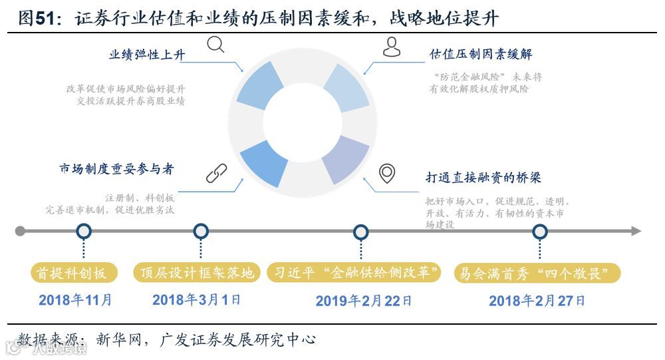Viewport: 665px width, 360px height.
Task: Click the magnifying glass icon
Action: tap(215, 45)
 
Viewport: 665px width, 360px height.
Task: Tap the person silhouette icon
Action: tap(392, 46)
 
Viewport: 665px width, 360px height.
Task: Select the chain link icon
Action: tap(217, 173)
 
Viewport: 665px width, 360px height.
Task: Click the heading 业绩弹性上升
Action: tap(147, 55)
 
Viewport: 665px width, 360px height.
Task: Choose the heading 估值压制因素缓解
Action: tap(481, 54)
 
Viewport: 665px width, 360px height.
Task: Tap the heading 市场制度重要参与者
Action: tap(116, 169)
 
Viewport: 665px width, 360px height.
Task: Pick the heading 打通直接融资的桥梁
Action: tap(483, 178)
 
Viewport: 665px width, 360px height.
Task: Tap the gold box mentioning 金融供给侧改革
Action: tap(355, 273)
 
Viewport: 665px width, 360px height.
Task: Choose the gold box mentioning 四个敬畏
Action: tap(537, 273)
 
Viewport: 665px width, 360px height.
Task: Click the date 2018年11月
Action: tap(75, 300)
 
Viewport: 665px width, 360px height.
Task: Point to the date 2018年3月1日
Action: tap(196, 300)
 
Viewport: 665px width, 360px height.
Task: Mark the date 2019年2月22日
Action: tap(364, 301)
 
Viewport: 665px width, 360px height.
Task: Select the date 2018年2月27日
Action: tap(537, 301)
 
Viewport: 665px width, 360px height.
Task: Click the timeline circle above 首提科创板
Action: tap(84, 232)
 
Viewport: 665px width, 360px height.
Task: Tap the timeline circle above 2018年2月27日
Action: tap(540, 232)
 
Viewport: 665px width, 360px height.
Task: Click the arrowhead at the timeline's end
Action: tap(636, 232)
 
